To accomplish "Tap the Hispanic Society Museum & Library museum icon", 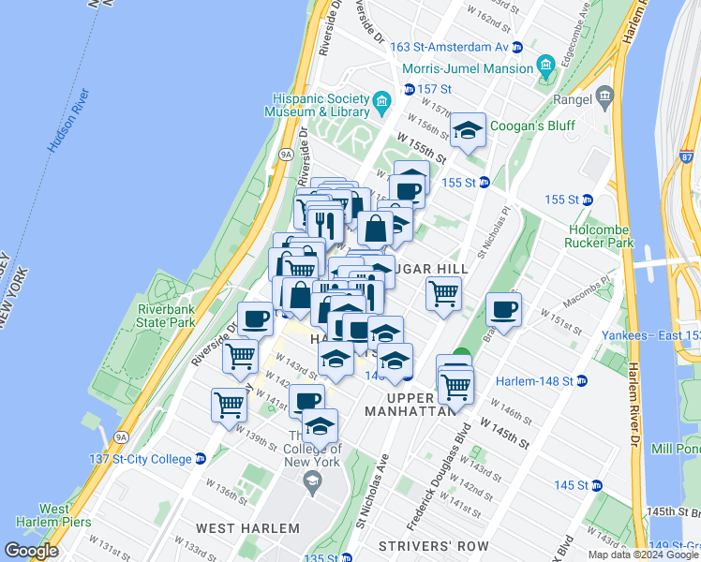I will pyautogui.click(x=381, y=100).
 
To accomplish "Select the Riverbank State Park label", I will pyautogui.click(x=167, y=317).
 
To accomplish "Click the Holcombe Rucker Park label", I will pyautogui.click(x=602, y=235).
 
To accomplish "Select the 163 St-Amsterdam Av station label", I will pyautogui.click(x=449, y=47).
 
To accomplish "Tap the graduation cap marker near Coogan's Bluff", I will pyautogui.click(x=468, y=132).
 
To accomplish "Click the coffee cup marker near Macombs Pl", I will pyautogui.click(x=504, y=310).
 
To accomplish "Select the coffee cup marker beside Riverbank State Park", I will pyautogui.click(x=254, y=318).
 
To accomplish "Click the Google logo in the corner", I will pyautogui.click(x=31, y=551).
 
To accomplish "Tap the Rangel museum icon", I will pyautogui.click(x=604, y=95).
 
